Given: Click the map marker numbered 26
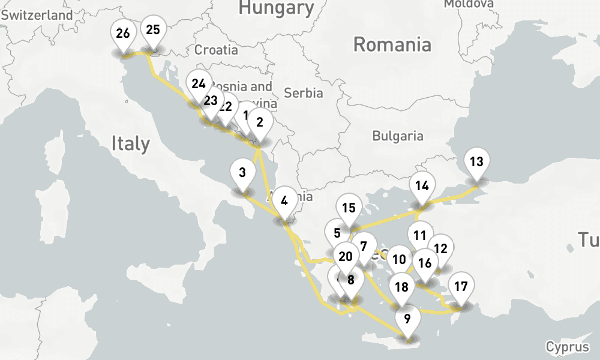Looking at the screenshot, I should (123, 34).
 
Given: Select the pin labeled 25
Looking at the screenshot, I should (153, 30).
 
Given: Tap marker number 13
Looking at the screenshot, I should (476, 162).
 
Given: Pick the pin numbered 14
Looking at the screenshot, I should (422, 186).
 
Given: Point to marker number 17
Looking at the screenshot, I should (461, 286).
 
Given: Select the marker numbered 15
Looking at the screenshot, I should (349, 209).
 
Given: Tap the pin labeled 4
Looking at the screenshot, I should (284, 202).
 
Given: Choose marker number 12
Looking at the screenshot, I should (440, 249).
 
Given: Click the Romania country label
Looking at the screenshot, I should (392, 44).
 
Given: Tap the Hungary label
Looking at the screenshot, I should (276, 8).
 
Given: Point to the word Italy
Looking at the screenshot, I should (130, 144).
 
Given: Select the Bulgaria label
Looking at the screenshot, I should (398, 136).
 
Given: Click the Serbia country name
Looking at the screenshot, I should (304, 93).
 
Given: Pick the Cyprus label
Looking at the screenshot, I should (567, 347).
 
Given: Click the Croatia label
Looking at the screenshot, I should (216, 50).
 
